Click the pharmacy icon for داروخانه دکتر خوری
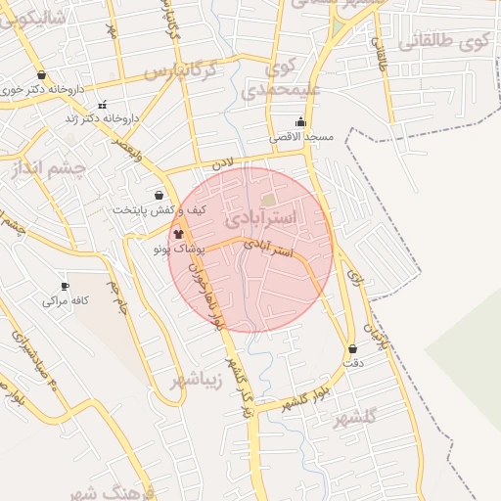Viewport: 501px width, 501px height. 41,74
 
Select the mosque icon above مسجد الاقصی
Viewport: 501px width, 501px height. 300,122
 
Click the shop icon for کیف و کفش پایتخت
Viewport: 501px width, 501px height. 159,195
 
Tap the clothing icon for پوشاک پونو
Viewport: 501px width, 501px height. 177,234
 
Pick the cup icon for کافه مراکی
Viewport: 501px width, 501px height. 66,287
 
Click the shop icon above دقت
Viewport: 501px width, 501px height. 352,348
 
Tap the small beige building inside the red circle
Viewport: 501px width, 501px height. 268,200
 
